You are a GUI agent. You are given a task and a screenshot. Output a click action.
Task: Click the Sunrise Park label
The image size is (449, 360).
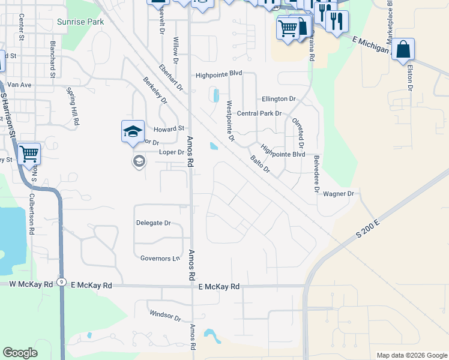pos(80,22)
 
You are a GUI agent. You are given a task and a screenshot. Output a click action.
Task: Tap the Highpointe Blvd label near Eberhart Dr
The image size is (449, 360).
pos(218,74)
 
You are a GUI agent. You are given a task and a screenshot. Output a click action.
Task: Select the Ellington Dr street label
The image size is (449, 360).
pos(279,98)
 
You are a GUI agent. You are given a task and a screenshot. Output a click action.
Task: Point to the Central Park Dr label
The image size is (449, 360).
pos(259,113)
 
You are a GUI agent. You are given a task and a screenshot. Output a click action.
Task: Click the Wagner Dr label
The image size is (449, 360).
pos(339,194)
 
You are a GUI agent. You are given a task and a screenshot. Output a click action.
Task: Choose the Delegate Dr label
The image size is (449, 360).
pos(154,223)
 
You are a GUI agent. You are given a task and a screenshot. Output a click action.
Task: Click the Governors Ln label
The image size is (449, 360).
pos(160,259)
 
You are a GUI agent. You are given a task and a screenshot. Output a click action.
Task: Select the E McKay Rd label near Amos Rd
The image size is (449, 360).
pos(219,287)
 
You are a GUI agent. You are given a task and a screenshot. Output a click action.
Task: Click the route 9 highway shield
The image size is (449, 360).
pos(62,286)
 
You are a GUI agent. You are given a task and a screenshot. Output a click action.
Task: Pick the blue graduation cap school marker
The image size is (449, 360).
pos(133,131)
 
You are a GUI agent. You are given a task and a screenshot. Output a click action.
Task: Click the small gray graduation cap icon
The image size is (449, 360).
pos(139,161)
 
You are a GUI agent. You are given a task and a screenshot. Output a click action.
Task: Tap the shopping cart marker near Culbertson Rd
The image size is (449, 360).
pos(29,154)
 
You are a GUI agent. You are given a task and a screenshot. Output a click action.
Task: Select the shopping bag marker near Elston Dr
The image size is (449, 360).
pos(404,50)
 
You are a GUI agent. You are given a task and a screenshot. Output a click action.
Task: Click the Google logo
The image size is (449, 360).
pos(20,353)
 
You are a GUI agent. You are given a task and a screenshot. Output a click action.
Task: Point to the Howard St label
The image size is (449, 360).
pos(169,128)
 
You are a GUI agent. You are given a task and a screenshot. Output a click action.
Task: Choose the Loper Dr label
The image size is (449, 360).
pos(172,152)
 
